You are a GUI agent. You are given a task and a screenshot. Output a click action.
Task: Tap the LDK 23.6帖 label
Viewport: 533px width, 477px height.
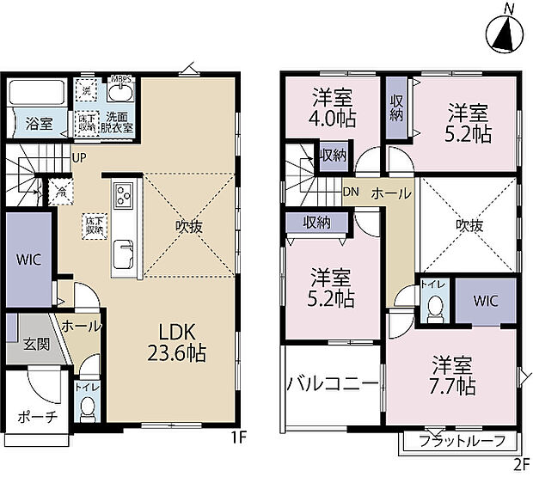[x=181, y=341]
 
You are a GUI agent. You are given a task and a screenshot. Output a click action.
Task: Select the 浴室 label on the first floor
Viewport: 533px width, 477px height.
[x=39, y=123]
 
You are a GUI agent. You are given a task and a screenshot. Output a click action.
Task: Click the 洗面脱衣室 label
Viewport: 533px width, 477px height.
[x=119, y=122]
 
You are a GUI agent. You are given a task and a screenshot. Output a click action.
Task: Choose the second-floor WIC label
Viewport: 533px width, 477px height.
[x=484, y=301]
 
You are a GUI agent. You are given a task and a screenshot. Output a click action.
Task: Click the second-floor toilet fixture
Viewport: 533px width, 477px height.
[x=435, y=307]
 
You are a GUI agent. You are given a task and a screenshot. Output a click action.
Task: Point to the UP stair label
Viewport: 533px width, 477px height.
[x=79, y=158]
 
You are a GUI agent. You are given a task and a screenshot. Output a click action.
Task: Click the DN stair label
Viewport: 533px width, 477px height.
[x=351, y=193]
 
